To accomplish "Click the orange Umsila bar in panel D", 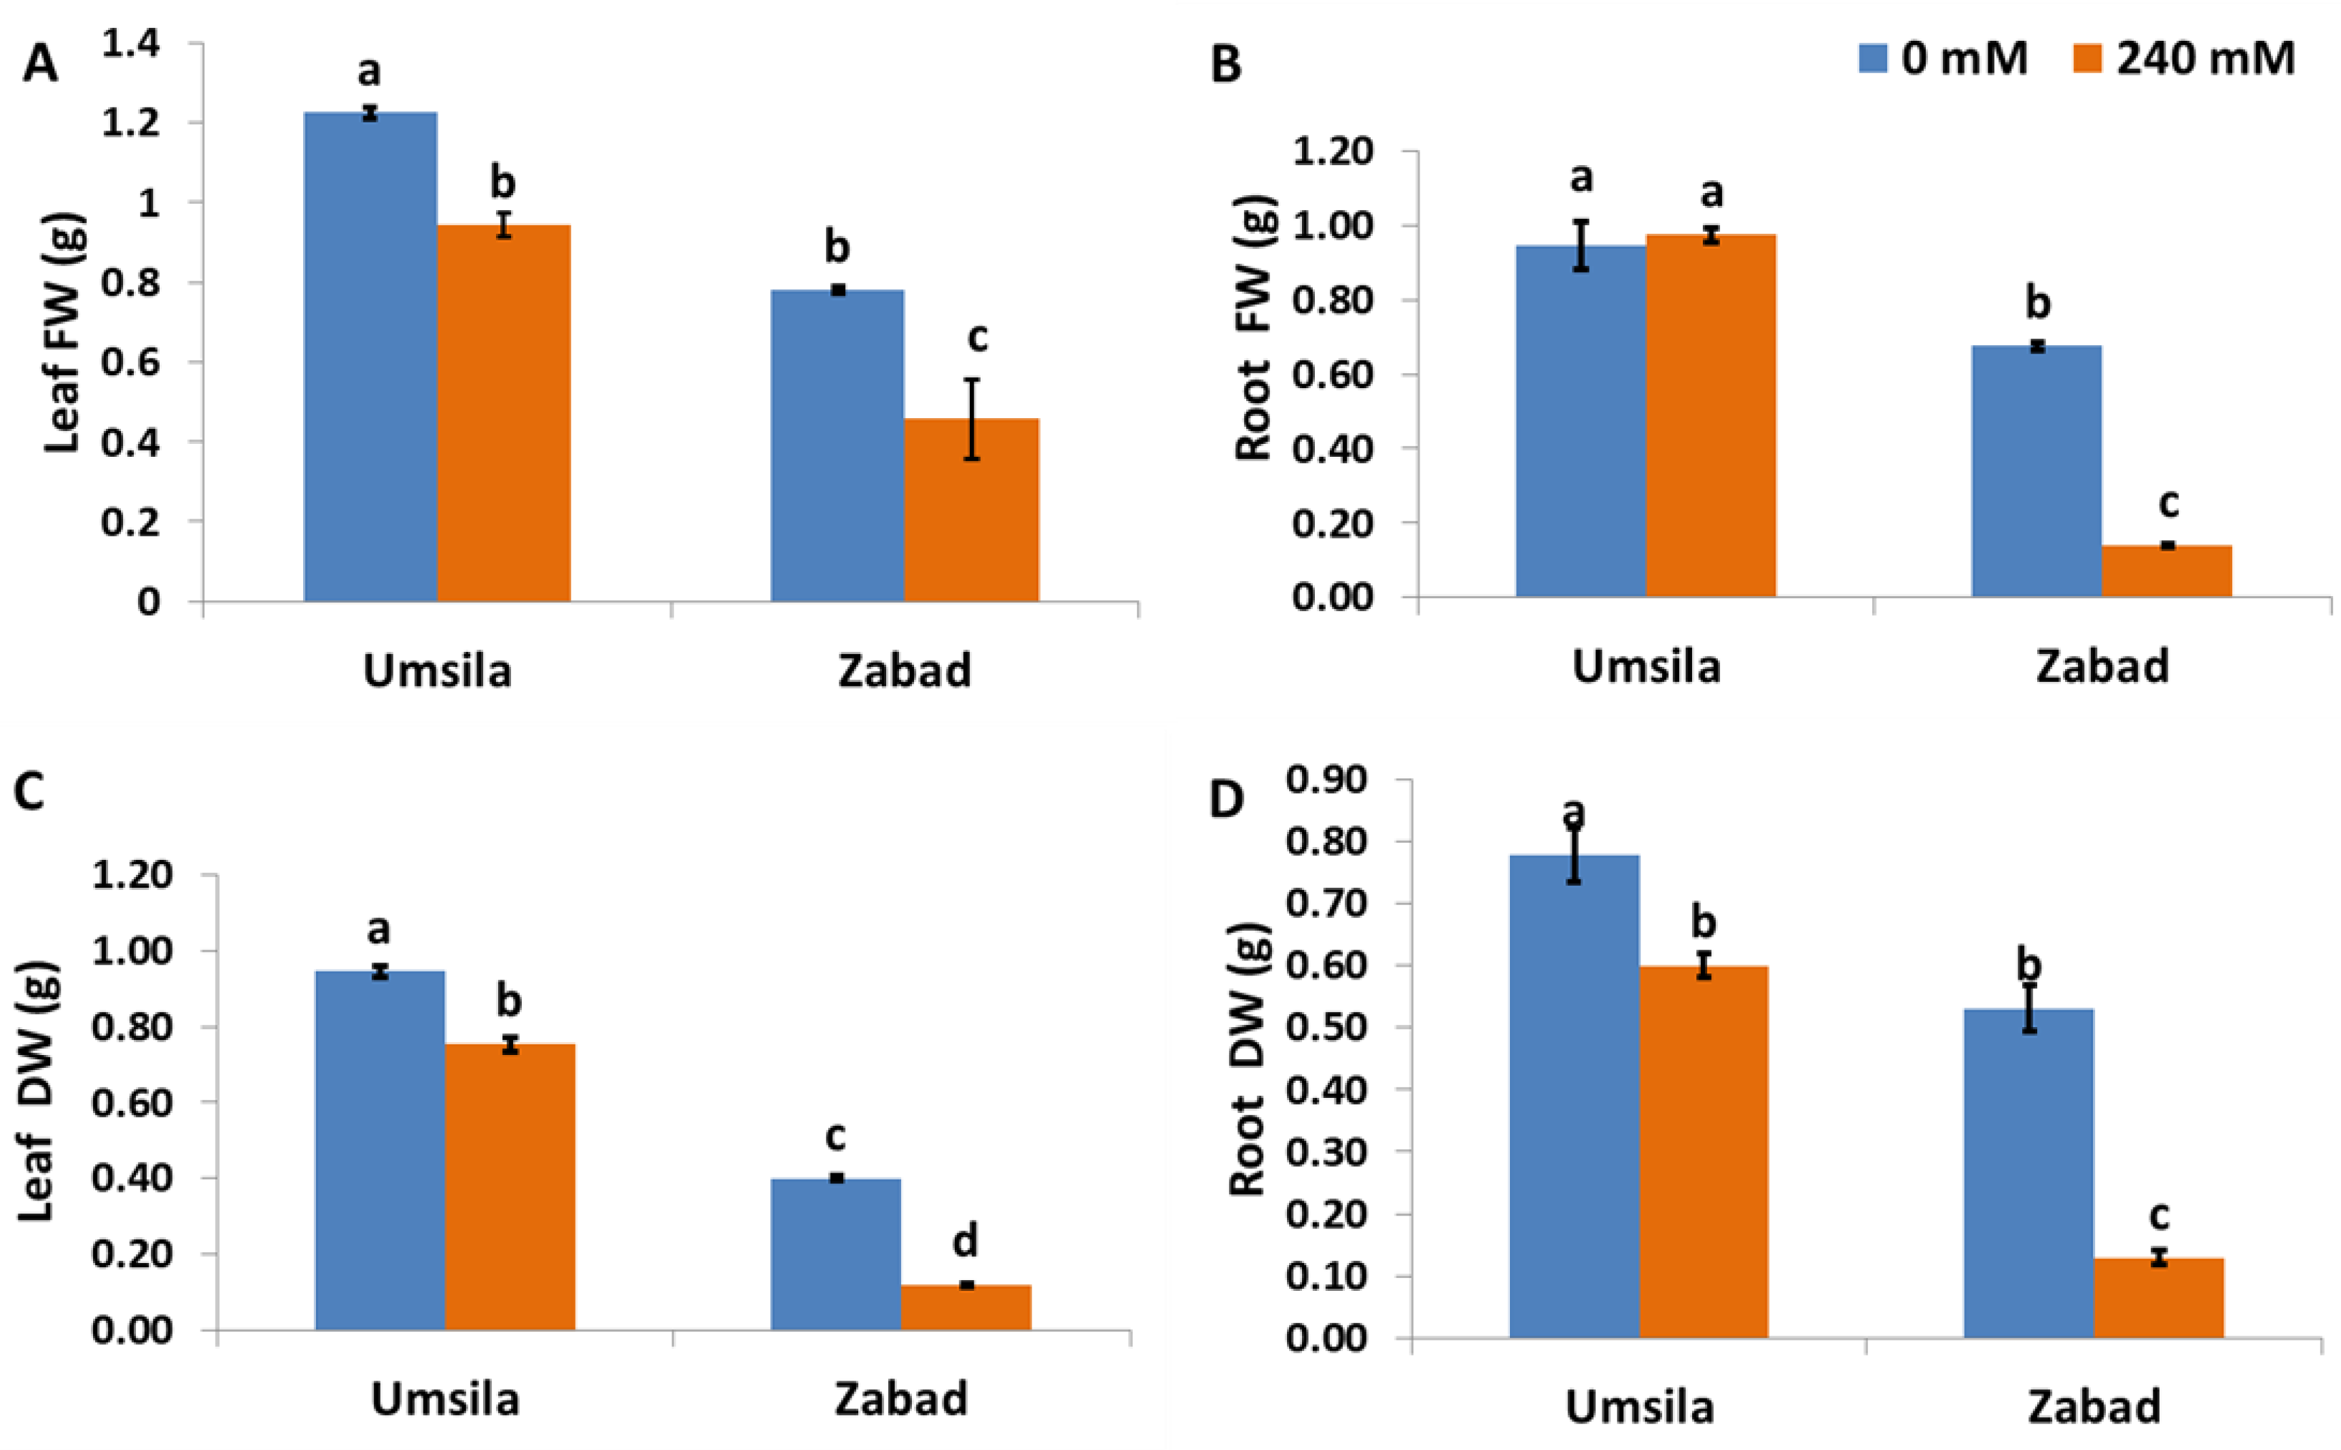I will click(x=1704, y=1152).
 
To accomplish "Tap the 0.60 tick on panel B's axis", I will click(x=1333, y=374).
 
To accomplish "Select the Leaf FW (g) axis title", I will click(x=65, y=334).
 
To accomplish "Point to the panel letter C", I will click(x=30, y=792).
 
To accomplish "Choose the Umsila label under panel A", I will click(x=437, y=670).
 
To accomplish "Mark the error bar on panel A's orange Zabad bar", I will click(x=971, y=419).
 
